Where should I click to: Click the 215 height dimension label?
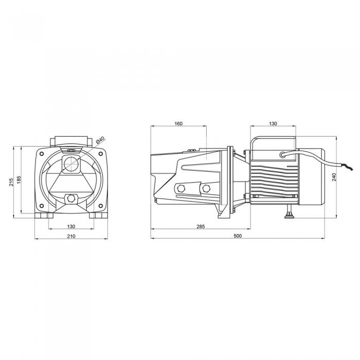click(11, 182)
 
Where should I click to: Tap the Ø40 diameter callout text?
click(101, 140)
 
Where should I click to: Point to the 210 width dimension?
click(71, 236)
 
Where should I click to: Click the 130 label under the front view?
click(71, 227)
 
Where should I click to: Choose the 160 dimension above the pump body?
click(178, 124)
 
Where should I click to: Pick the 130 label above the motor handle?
click(273, 124)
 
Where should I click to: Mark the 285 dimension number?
click(201, 227)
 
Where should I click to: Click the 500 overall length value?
click(238, 236)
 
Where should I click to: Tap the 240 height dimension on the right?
click(334, 177)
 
